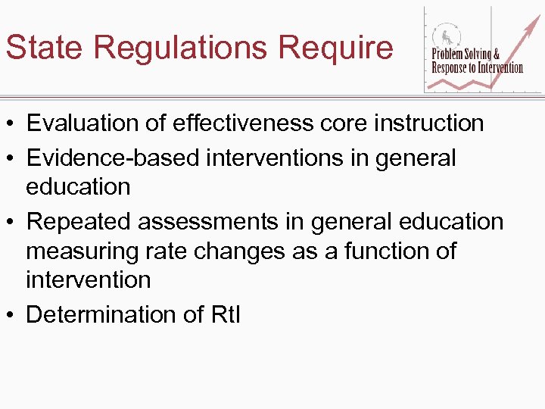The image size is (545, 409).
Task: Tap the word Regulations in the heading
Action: (182, 48)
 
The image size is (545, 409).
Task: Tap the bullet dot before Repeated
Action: (11, 222)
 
